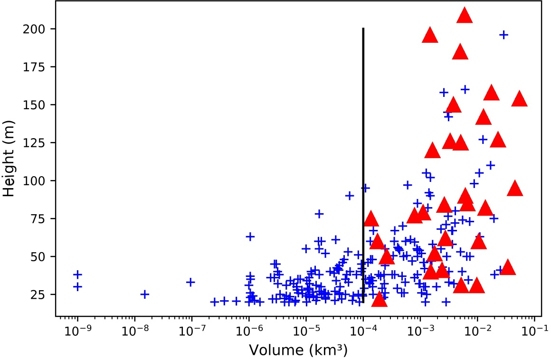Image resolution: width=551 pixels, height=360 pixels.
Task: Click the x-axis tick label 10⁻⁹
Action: click(x=77, y=329)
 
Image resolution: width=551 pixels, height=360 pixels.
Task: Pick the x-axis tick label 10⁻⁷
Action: click(x=191, y=329)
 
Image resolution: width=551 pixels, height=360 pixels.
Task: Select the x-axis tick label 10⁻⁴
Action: click(x=363, y=329)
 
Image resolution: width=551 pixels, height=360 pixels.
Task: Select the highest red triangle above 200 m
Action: click(x=465, y=16)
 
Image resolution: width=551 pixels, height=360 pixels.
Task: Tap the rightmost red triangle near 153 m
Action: click(x=520, y=99)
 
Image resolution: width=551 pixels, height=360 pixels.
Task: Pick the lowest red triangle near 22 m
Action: click(x=379, y=300)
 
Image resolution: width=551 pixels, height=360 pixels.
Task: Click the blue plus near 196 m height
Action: click(x=503, y=35)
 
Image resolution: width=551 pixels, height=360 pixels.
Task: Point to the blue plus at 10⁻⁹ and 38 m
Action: click(x=77, y=275)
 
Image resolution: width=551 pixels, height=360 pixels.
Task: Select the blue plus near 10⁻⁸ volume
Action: click(x=144, y=294)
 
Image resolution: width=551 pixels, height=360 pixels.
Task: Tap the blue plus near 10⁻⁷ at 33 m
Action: click(x=190, y=282)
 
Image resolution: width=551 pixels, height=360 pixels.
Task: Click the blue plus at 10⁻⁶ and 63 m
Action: click(x=250, y=237)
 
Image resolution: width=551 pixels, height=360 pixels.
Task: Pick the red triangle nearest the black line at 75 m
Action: click(x=370, y=219)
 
